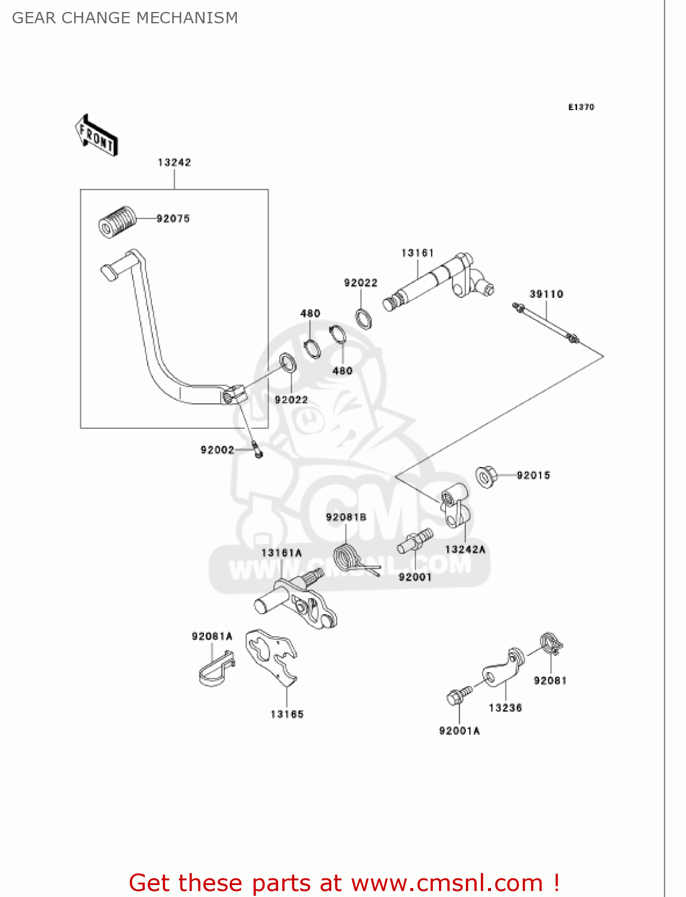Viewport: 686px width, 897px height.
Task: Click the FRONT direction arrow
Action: pos(96,136)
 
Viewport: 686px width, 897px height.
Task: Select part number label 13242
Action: pos(174,163)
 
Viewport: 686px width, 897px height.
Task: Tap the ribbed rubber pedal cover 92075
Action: pos(117,222)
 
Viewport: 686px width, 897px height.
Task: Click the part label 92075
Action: pos(173,219)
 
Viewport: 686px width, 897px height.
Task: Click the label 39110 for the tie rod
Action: pos(546,294)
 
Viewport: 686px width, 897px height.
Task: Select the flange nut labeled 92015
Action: pos(486,476)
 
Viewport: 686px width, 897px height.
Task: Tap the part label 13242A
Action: pos(465,550)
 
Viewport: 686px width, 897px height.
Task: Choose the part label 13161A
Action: pos(281,553)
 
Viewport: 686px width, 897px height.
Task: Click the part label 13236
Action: pos(505,708)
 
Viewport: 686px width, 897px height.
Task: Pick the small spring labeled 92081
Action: pos(551,644)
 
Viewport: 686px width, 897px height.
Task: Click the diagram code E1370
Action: pos(581,107)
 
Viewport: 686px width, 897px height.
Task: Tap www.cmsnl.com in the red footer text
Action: pos(447,883)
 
